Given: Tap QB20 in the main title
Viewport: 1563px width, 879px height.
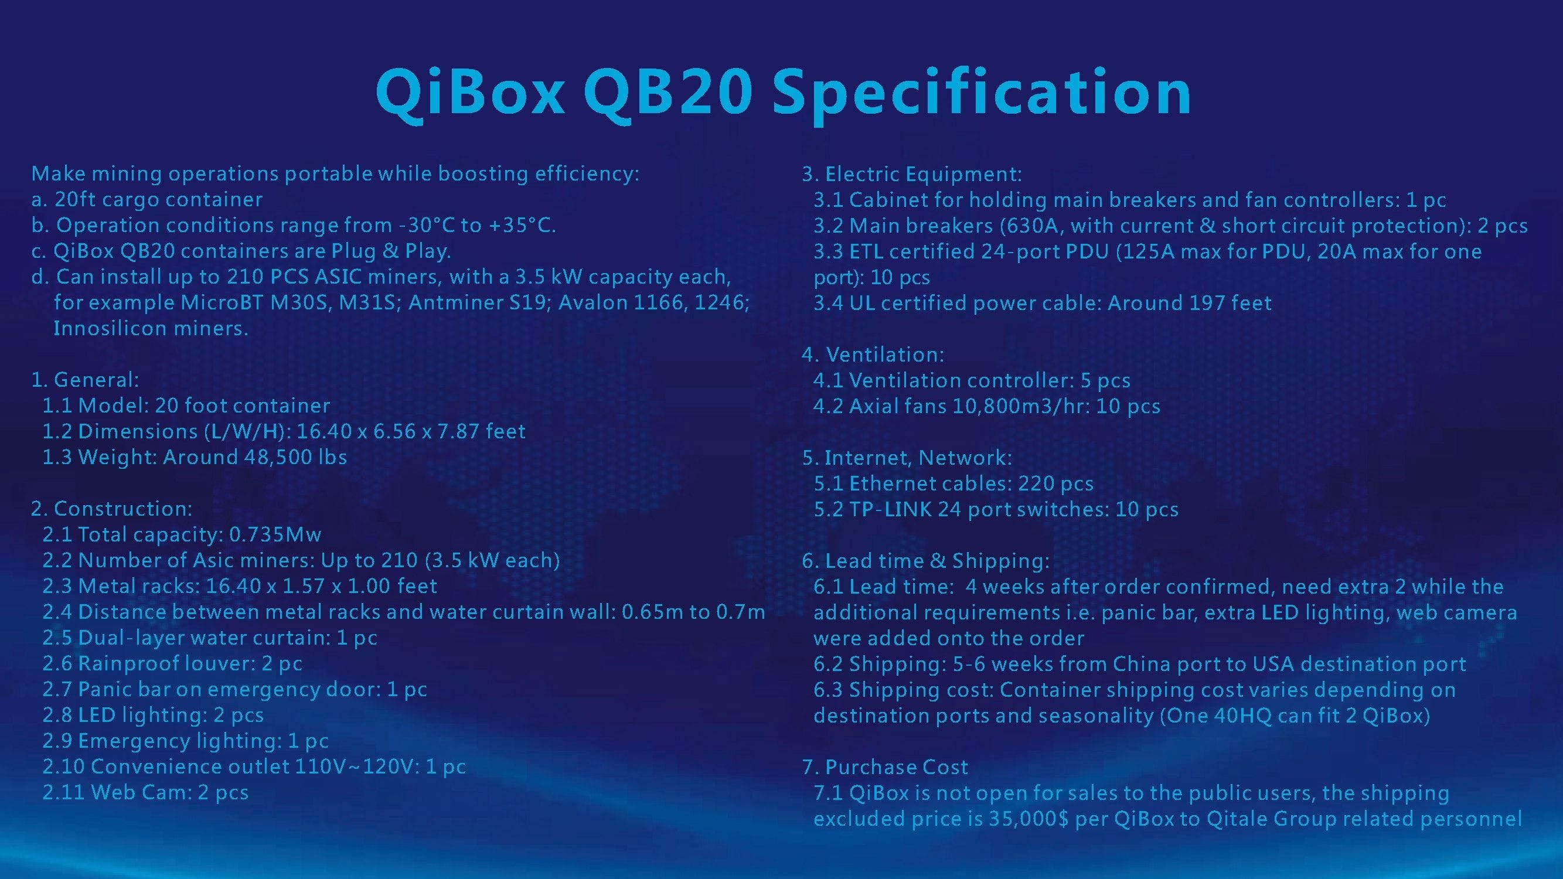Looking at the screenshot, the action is (668, 92).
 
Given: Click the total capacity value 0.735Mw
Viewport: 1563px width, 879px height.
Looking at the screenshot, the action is (275, 534).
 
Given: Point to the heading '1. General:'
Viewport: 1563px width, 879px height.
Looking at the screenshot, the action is (85, 380).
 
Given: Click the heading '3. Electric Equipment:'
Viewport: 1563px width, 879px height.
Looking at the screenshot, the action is (912, 175).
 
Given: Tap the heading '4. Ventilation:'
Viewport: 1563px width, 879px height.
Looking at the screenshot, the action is (873, 355).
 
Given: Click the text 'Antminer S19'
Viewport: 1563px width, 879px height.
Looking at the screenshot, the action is (477, 303).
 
